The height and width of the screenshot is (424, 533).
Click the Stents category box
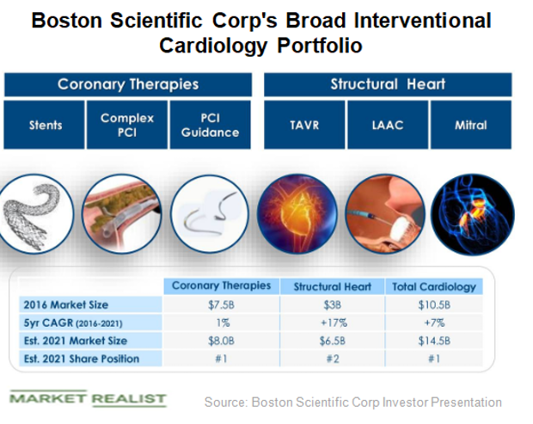point(45,126)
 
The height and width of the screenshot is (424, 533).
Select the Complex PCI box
point(127,126)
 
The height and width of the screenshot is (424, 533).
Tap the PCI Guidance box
point(211,126)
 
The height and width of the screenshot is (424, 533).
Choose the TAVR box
point(303,126)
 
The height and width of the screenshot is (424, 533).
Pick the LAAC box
point(387,126)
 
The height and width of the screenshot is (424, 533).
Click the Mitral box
point(470,126)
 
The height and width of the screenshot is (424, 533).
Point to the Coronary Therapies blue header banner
point(128,84)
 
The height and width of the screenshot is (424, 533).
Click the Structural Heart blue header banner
point(387,84)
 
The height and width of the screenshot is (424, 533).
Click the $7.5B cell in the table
point(221,304)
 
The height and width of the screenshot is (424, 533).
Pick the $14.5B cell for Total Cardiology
point(433,340)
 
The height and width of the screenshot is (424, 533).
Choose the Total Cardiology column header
point(433,286)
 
